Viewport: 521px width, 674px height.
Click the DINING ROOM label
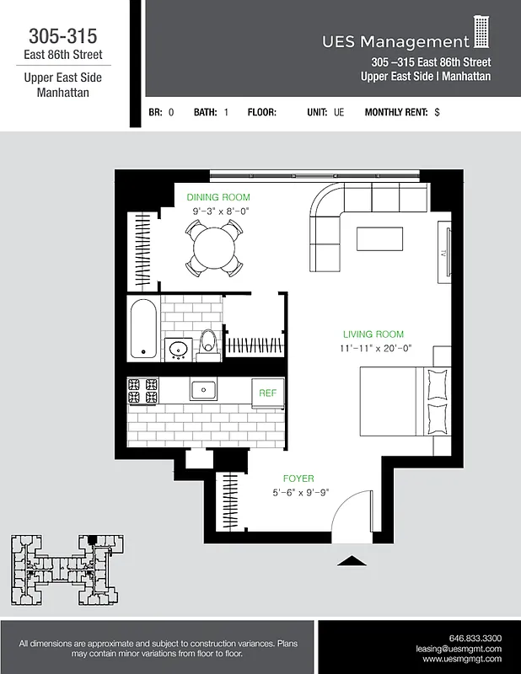coord(218,197)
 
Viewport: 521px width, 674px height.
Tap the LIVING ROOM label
coord(373,334)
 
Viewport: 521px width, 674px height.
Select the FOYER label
coord(298,479)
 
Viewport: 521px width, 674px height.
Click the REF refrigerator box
coord(267,393)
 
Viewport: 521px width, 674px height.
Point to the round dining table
coord(218,247)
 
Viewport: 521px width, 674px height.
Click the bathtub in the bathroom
coord(142,329)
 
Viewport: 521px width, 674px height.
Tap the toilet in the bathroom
coord(208,345)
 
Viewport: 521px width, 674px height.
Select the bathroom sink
coord(178,348)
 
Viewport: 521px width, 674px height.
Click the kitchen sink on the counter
coord(203,389)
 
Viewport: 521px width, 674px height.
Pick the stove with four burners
coord(142,390)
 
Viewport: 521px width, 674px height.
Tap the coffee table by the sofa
coord(379,239)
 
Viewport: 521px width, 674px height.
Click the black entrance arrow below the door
coord(352,559)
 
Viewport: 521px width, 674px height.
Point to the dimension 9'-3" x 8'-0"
coord(221,211)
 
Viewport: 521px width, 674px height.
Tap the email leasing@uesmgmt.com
coord(459,649)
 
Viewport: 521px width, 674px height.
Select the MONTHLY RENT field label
coord(396,112)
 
